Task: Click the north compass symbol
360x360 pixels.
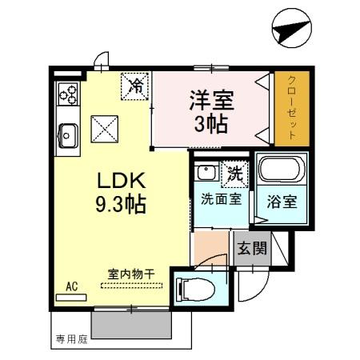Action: pos(292,28)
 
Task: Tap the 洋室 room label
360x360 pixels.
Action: pos(212,100)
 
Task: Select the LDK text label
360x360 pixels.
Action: pos(122,181)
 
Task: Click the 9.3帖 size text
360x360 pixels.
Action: pos(121,204)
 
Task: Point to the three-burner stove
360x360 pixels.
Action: pos(68,94)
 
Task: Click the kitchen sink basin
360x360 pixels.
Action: pos(68,136)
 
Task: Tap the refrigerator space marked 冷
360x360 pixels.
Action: pos(134,86)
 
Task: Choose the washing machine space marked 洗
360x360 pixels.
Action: pos(234,174)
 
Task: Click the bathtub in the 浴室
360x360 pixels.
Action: pos(282,170)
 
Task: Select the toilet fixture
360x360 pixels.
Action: pos(196,290)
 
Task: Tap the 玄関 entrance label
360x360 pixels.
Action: pos(252,248)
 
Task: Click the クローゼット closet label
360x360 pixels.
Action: pos(292,108)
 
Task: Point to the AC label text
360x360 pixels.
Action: pos(72,286)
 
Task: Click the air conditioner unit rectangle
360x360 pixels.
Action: pos(71,298)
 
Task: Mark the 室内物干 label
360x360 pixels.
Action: pos(131,274)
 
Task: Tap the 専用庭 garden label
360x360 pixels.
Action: pos(72,339)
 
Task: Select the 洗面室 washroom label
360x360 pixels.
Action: pos(222,198)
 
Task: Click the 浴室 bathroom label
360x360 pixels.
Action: pos(282,202)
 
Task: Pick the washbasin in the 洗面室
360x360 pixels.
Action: pos(206,172)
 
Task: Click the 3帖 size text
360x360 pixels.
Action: pos(211,123)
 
